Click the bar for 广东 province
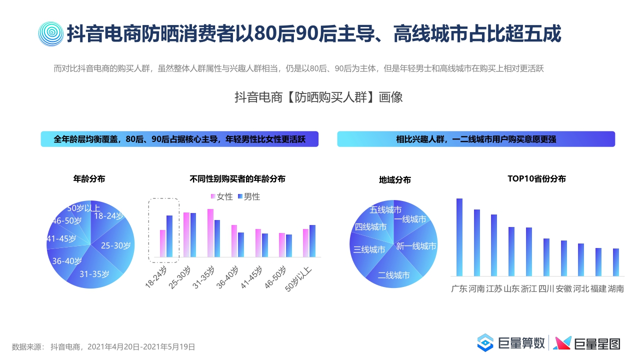459,237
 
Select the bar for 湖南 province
615,262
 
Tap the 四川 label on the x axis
546,289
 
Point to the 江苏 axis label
494,289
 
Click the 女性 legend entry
222,197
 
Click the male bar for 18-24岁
169,236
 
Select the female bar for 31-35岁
210,233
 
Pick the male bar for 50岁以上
312,241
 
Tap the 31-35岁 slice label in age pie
94,273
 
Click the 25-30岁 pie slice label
115,245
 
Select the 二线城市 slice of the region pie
393,275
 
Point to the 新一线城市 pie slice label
416,246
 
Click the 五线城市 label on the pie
385,210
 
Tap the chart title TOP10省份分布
536,178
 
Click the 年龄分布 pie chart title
89,178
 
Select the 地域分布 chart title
395,180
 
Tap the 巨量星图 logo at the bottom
587,343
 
